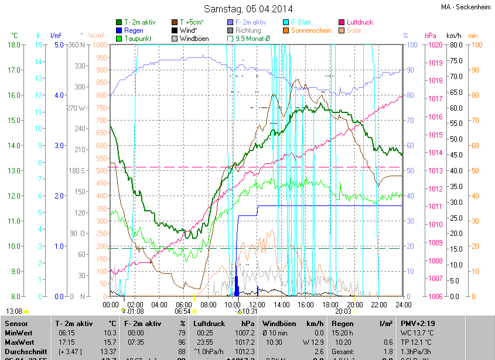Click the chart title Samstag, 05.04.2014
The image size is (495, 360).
coord(248,9)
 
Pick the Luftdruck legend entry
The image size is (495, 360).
coord(359,22)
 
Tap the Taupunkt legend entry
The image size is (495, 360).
coord(138,39)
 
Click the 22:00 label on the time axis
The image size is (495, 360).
coord(379,305)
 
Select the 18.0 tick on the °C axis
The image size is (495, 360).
coord(12,44)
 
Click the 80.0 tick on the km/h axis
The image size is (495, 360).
coord(456,44)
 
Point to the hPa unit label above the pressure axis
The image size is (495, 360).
coord(430,36)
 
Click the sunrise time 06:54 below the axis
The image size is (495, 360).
coord(183,312)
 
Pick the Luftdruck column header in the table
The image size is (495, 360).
coord(210,324)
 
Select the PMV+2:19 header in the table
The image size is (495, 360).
coord(418,324)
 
